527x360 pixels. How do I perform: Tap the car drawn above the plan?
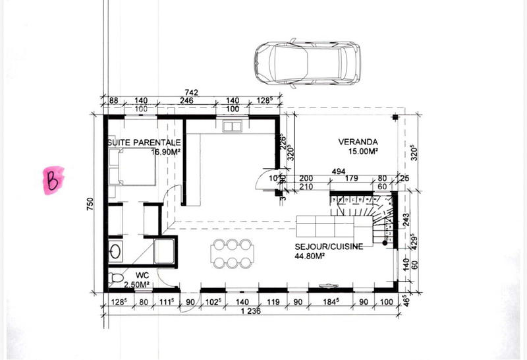tap(307, 64)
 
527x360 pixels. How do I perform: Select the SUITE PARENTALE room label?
tap(144, 142)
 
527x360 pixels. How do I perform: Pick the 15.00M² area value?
tap(362, 152)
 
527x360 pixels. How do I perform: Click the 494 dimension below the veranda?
tap(338, 171)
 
